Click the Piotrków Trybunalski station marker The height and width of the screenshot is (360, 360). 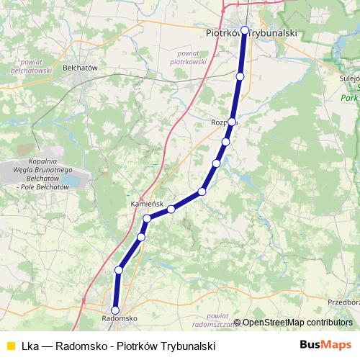(x=245, y=30)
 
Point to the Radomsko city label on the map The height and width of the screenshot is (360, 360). (x=120, y=318)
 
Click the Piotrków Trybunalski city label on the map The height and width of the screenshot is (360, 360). (x=251, y=32)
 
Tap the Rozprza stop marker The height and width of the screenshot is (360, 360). (x=232, y=122)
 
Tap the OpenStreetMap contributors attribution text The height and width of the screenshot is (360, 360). (x=297, y=322)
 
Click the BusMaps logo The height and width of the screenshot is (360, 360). (x=325, y=345)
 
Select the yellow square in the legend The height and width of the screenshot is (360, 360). (x=10, y=346)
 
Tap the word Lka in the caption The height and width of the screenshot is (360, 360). (x=30, y=346)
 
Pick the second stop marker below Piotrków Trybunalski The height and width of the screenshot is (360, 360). (x=232, y=122)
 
